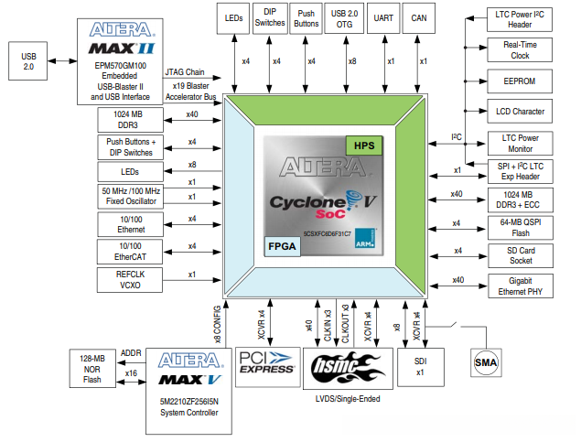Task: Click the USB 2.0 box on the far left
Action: (28, 61)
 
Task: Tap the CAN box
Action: (423, 18)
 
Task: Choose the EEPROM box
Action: (519, 81)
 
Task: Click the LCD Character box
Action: (519, 112)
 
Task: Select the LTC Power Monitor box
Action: (519, 142)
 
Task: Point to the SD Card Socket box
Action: (519, 254)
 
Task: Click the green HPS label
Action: (365, 146)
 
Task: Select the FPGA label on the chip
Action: (283, 245)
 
